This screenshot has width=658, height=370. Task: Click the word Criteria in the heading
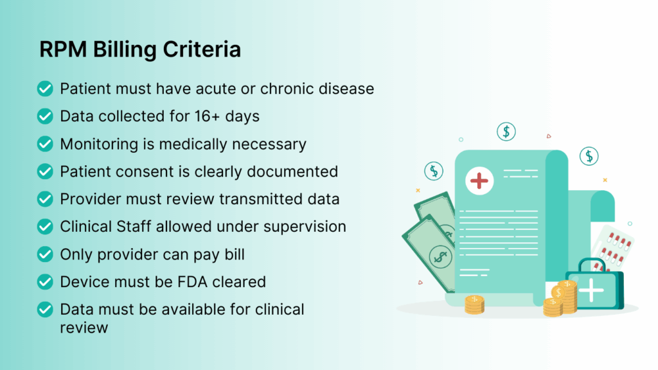(202, 49)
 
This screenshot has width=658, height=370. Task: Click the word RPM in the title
(63, 49)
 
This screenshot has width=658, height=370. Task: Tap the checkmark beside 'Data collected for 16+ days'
(45, 116)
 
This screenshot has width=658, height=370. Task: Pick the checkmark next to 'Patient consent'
(45, 171)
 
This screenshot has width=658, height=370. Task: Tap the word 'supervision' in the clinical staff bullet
(305, 227)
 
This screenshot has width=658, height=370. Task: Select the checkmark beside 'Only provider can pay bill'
(45, 254)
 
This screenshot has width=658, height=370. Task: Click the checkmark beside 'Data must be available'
(45, 310)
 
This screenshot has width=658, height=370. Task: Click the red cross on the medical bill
(479, 181)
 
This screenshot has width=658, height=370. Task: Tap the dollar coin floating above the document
(506, 132)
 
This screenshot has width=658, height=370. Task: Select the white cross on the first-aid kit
(591, 290)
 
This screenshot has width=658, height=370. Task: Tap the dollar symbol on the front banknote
(441, 256)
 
